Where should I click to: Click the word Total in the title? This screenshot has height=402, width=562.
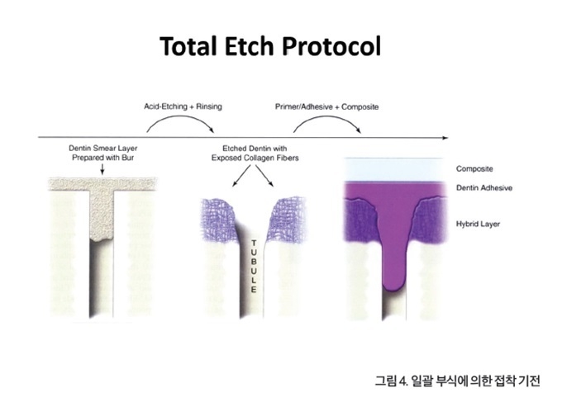tap(188, 46)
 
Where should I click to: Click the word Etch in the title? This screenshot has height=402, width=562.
tap(249, 46)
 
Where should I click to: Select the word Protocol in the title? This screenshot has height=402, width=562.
tap(331, 46)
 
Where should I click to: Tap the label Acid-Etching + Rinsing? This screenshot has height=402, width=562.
tap(183, 106)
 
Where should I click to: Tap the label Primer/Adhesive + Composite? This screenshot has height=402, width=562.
tap(327, 106)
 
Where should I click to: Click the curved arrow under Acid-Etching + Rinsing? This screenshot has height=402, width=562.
tap(180, 116)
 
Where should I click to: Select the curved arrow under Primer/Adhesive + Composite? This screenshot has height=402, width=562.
tap(327, 116)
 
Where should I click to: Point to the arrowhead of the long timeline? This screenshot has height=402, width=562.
tap(445, 138)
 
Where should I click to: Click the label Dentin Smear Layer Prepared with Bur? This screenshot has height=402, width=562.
tap(102, 153)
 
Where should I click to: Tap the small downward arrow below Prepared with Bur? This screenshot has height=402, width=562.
tap(102, 169)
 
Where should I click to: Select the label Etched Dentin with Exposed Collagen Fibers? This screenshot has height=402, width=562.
tap(255, 153)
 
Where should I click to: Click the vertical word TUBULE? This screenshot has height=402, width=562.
tap(254, 267)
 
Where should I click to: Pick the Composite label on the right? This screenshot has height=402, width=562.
tap(474, 168)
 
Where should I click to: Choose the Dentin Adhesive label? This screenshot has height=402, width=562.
tap(483, 187)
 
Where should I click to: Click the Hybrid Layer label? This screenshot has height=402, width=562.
tap(478, 224)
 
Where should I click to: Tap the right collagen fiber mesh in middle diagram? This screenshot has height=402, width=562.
tap(287, 219)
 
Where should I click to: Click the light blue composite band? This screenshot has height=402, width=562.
tap(393, 170)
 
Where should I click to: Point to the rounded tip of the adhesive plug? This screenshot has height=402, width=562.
tap(393, 291)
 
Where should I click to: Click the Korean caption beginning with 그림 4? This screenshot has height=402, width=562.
tap(457, 381)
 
